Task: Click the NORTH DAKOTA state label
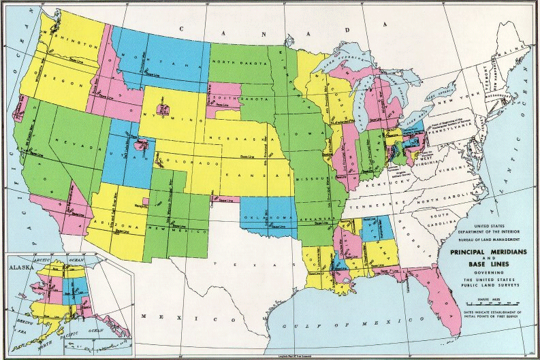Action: click(238, 61)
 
